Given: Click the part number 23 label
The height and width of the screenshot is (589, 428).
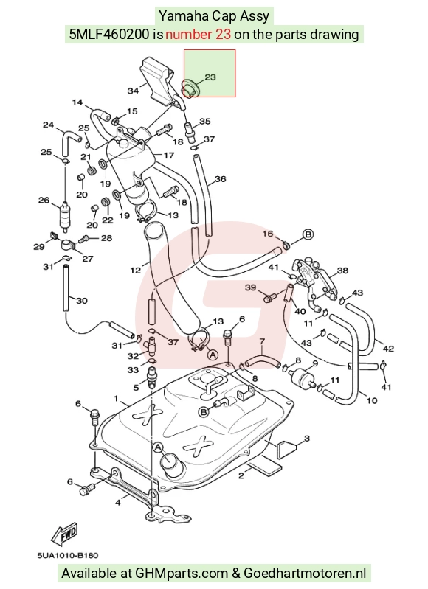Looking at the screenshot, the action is tap(210, 77).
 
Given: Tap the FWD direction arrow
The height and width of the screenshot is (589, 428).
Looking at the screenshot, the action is tap(65, 534).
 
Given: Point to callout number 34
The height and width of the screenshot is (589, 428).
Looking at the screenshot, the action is tap(133, 91).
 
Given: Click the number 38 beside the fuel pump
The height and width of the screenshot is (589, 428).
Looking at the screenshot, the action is tap(342, 271).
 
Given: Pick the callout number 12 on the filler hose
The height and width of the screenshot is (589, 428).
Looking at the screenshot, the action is tap(135, 270).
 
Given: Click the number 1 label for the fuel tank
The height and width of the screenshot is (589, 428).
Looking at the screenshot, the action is tap(116, 398).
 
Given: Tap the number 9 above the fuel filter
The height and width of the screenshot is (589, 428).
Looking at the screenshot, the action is tap(315, 363).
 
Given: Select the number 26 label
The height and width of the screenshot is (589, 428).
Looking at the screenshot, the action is tap(44, 200).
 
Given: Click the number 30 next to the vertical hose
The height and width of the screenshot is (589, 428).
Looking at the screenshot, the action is tap(82, 301).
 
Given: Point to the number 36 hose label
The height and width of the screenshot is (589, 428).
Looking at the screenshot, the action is tap(220, 179).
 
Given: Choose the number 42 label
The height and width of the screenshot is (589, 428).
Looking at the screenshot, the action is tap(388, 349).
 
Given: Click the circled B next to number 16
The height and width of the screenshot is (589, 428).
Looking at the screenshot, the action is tap(308, 234).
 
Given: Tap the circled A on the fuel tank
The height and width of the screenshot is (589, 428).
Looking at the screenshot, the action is tap(158, 447).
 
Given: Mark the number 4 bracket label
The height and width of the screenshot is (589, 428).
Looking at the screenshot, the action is tap(118, 502).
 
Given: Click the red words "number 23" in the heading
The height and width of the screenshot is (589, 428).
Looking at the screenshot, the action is tap(199, 35).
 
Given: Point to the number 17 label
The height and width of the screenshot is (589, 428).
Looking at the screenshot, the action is tap(169, 155).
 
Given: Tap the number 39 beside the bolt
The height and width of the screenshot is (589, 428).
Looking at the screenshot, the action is tap(250, 287).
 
